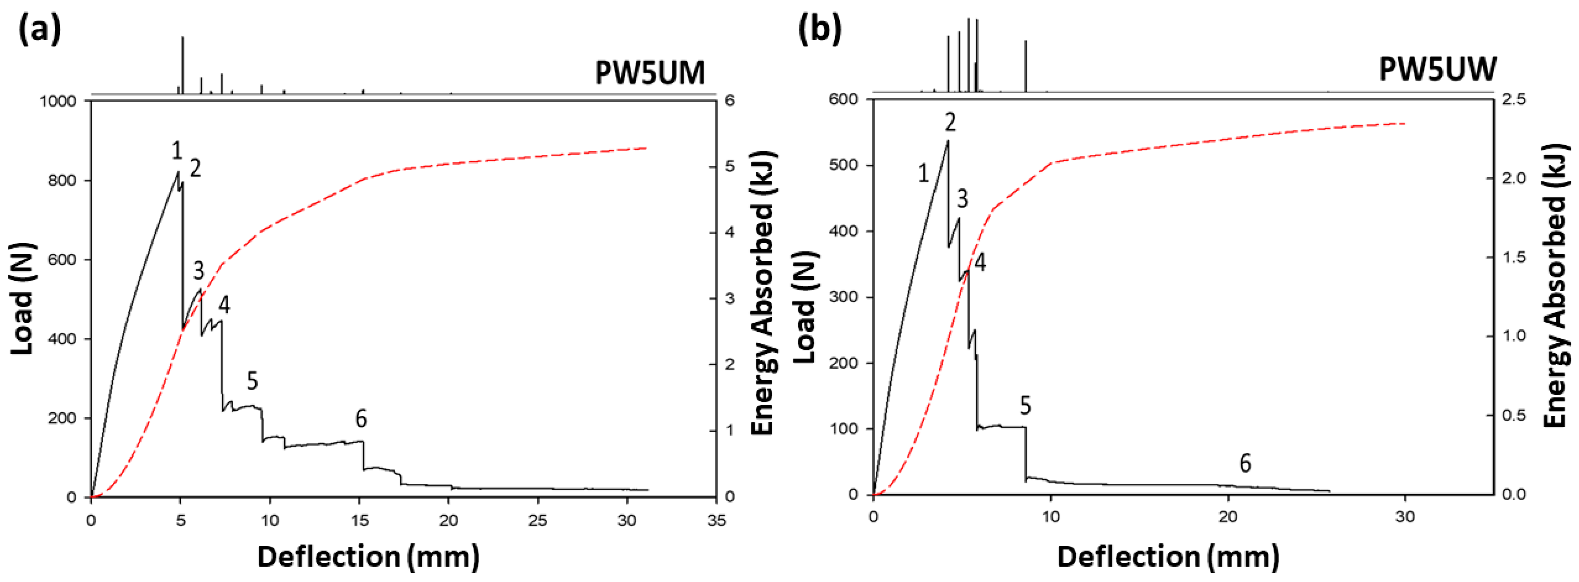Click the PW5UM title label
coord(650,73)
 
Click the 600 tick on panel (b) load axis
coord(845,99)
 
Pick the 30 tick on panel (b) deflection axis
coord(1405,517)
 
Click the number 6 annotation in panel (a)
coord(361,419)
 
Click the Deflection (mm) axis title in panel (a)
coord(368,557)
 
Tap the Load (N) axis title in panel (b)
coord(805,307)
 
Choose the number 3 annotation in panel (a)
coord(198,270)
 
